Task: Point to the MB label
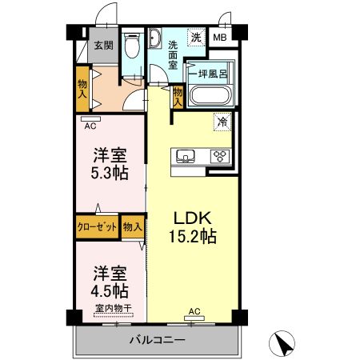[219, 37]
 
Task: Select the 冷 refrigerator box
[220, 122]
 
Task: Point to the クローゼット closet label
[97, 227]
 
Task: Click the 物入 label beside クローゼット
[133, 227]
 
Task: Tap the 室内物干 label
[113, 309]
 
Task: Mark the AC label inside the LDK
[194, 310]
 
